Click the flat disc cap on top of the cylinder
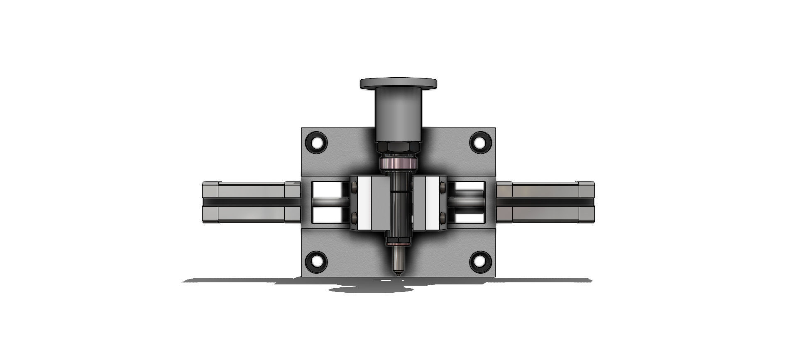[x=398, y=83]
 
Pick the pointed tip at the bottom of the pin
[x=398, y=273]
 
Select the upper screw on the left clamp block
[x=354, y=189]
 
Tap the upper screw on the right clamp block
[x=443, y=189]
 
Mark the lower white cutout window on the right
[x=469, y=216]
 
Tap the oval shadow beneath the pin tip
[x=369, y=289]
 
